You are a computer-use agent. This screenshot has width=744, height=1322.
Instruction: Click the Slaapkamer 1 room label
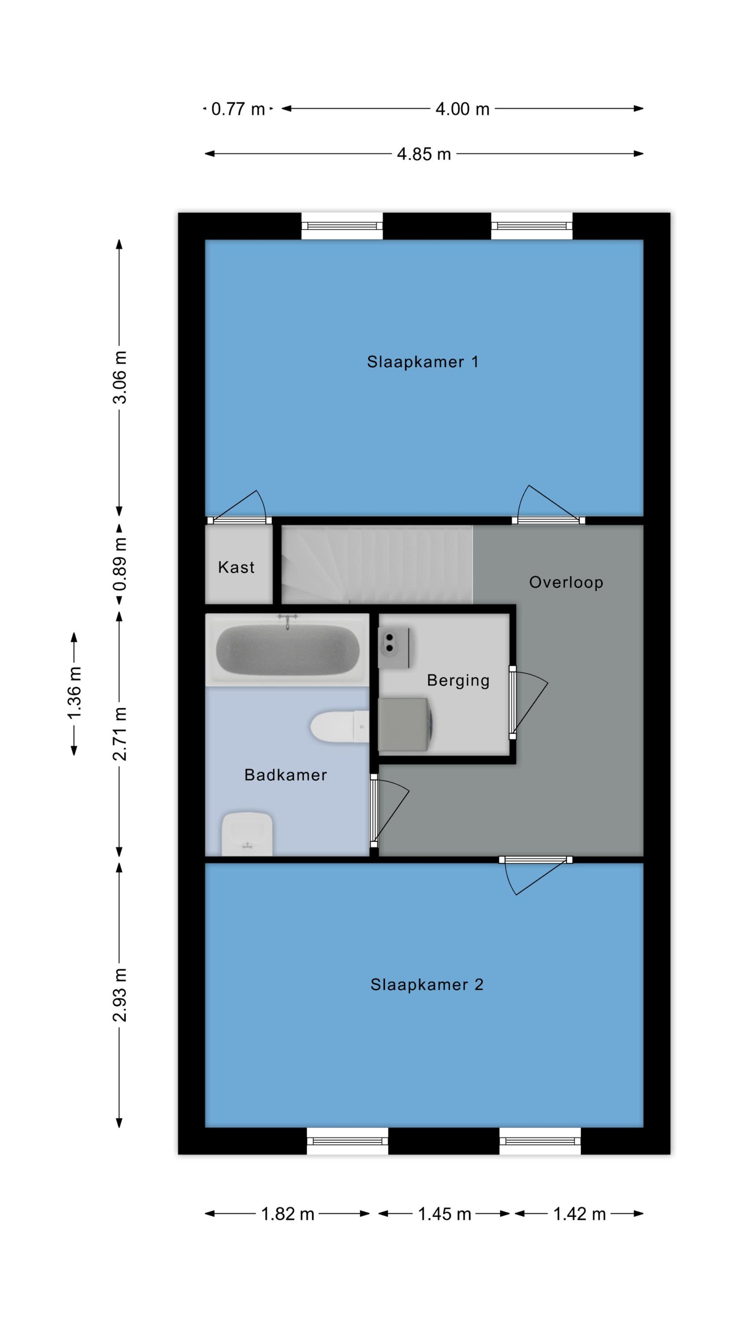click(x=422, y=362)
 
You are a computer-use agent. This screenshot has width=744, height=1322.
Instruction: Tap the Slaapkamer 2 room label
click(x=426, y=985)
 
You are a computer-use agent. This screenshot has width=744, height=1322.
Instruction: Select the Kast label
click(x=236, y=567)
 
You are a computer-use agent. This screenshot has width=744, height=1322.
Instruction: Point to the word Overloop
click(x=566, y=583)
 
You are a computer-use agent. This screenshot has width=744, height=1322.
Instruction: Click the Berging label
click(x=458, y=680)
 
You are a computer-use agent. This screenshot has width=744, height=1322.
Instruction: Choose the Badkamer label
click(x=286, y=775)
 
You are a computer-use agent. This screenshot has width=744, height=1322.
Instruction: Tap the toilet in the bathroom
click(x=339, y=726)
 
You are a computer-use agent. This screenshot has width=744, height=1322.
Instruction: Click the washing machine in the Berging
click(x=405, y=724)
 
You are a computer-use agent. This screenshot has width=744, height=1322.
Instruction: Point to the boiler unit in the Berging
click(x=396, y=649)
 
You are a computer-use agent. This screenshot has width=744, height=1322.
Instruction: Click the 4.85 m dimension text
click(x=424, y=154)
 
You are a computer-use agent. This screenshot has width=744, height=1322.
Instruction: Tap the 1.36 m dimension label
click(x=74, y=693)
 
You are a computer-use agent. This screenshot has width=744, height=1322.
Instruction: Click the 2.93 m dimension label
click(x=119, y=995)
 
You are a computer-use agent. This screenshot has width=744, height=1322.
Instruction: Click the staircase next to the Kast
click(x=376, y=564)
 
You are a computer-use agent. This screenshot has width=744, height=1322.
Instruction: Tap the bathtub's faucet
click(x=287, y=620)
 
